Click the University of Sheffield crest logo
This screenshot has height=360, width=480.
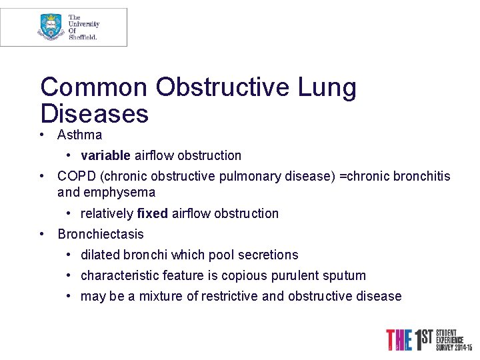(x=51, y=27)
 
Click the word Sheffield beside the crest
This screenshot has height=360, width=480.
(x=83, y=37)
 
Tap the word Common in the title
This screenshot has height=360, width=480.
(x=94, y=87)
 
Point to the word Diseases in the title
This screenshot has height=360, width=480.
(x=94, y=113)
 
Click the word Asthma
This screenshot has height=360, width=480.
(x=79, y=135)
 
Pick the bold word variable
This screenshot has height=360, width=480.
(x=105, y=156)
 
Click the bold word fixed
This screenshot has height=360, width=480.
(x=152, y=214)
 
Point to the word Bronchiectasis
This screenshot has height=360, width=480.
(x=100, y=235)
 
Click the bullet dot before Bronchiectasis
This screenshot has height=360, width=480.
(x=42, y=235)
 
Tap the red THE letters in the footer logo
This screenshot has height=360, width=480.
(x=399, y=339)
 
